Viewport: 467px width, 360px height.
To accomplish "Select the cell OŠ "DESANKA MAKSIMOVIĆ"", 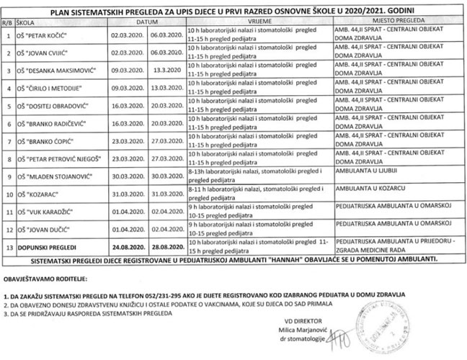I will point(57,72).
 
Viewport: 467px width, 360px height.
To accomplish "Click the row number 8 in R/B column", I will point(6,158).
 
